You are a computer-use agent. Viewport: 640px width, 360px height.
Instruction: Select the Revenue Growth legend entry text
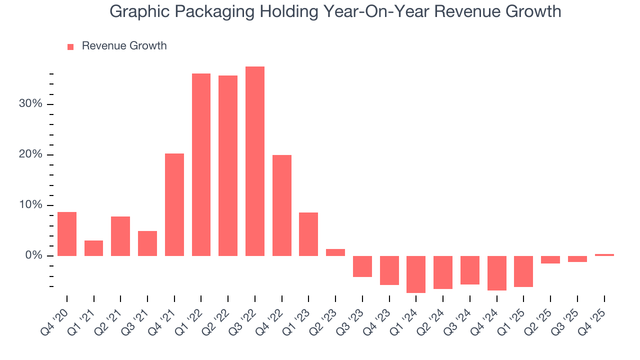124,46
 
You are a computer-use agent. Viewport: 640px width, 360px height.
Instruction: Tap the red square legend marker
70,46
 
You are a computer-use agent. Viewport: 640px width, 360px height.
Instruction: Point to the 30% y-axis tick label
31,104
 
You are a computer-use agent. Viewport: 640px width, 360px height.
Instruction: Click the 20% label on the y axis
31,154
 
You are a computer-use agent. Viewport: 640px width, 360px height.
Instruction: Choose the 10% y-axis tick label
31,205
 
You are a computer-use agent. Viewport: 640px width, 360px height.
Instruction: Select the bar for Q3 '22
254,161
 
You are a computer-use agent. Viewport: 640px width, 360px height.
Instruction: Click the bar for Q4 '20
67,234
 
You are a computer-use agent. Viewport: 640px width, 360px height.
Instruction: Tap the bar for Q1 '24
416,274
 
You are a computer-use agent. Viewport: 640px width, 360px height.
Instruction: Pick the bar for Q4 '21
174,204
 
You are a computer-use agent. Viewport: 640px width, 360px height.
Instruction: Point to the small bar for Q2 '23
335,252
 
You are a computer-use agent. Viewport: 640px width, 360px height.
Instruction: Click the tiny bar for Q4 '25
604,255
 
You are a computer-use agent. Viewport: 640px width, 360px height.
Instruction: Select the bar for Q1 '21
94,248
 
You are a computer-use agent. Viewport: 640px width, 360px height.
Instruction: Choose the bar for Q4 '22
282,205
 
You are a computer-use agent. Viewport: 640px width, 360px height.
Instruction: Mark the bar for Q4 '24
496,273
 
